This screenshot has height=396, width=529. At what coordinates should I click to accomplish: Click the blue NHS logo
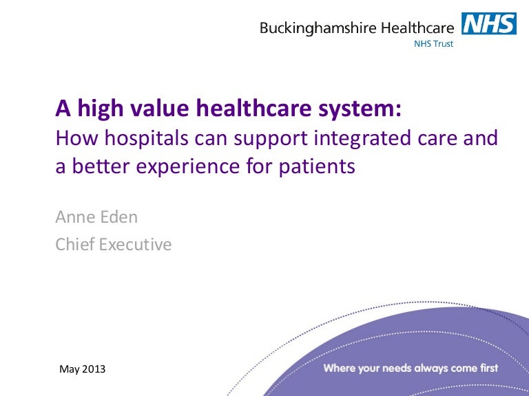(489, 25)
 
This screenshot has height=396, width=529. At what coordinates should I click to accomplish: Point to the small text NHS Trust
(433, 45)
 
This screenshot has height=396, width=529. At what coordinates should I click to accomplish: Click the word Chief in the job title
(76, 244)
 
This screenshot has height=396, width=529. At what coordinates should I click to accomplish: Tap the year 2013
(94, 369)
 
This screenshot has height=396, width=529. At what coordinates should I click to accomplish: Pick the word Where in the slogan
(340, 368)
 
